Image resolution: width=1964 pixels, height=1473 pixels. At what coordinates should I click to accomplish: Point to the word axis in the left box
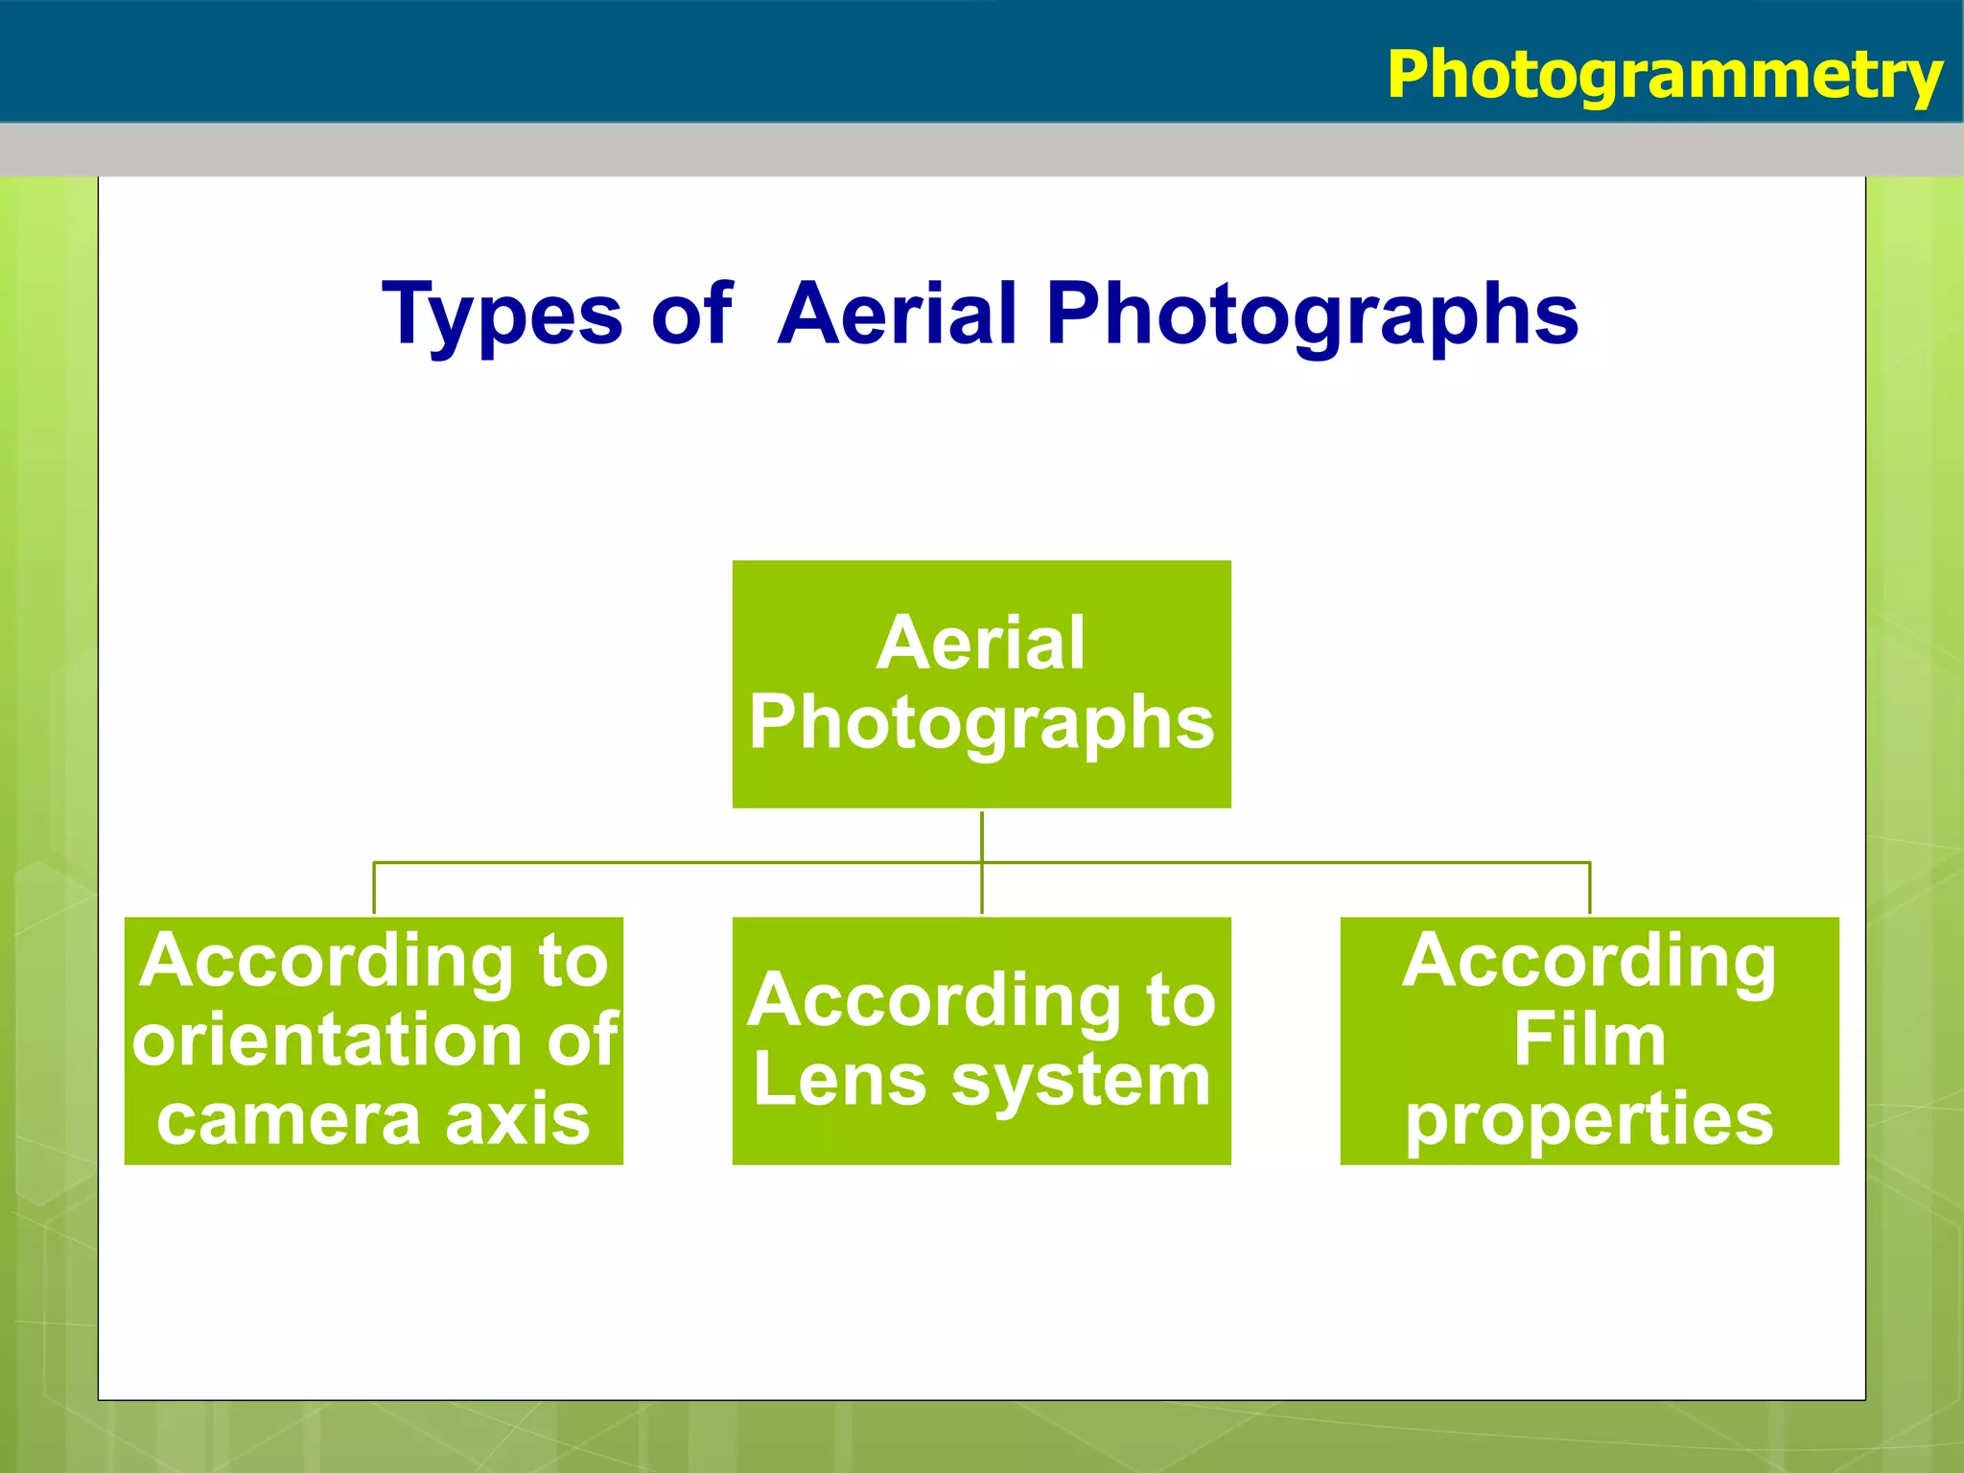pyautogui.click(x=518, y=1120)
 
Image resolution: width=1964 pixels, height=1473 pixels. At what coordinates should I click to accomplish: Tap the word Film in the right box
pyautogui.click(x=1589, y=1040)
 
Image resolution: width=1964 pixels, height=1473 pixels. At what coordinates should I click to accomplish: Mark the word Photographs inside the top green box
pyautogui.click(x=981, y=724)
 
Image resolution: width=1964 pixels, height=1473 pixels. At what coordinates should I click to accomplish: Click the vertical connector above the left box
pyautogui.click(x=374, y=889)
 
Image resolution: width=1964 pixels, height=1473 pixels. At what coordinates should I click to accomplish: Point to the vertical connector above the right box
pyautogui.click(x=1589, y=889)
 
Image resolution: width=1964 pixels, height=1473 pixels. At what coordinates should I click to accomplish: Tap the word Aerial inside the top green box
pyautogui.click(x=981, y=643)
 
